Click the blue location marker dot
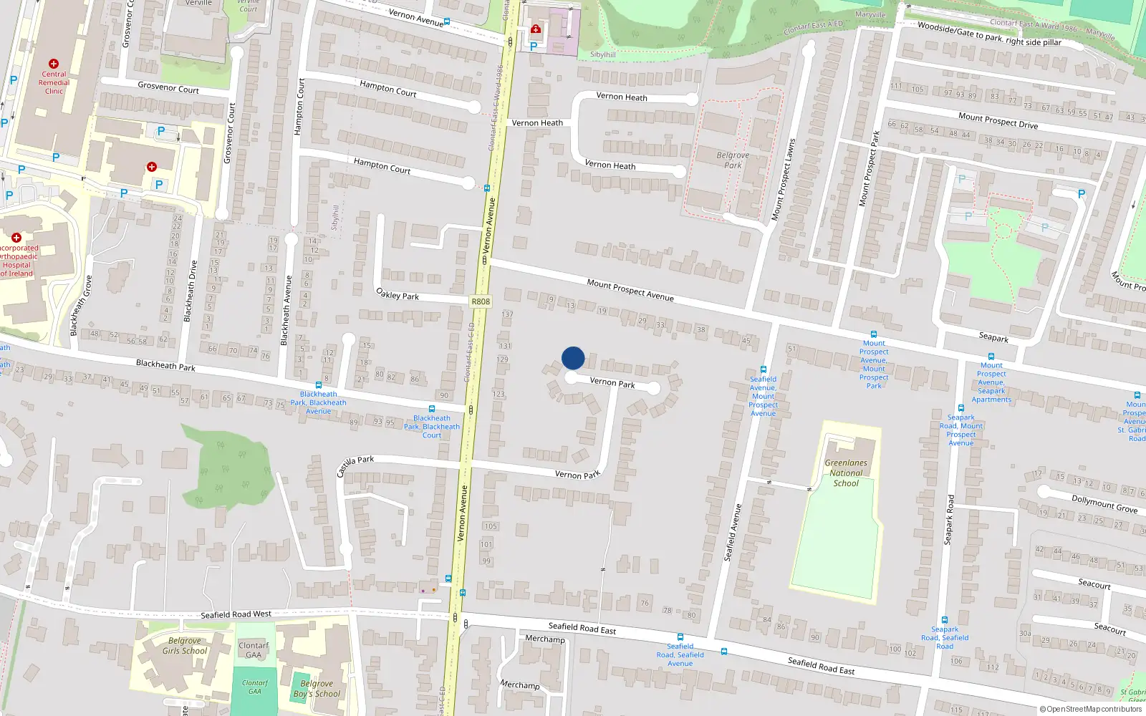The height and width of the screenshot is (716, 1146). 573,358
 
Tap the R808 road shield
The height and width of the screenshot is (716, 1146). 481,301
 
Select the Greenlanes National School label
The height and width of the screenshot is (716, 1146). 846,473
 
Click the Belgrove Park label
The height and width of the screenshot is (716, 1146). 733,160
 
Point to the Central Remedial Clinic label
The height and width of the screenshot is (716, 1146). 54,82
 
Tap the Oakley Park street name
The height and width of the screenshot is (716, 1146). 398,294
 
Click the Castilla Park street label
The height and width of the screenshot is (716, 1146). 355,465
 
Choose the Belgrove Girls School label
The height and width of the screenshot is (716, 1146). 184,646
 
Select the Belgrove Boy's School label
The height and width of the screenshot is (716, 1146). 317,689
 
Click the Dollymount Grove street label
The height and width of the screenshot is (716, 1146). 1104,503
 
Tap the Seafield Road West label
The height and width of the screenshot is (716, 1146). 236,614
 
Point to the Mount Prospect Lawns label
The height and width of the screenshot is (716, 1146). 783,179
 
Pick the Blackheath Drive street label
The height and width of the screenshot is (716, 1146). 191,291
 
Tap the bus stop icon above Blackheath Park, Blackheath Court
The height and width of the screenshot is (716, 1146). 431,409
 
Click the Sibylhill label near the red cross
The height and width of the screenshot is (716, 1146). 602,54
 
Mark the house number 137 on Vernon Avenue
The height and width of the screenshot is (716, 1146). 507,314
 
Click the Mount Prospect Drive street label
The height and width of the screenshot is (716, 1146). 998,120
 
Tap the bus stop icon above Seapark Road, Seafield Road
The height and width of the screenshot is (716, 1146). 945,620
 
